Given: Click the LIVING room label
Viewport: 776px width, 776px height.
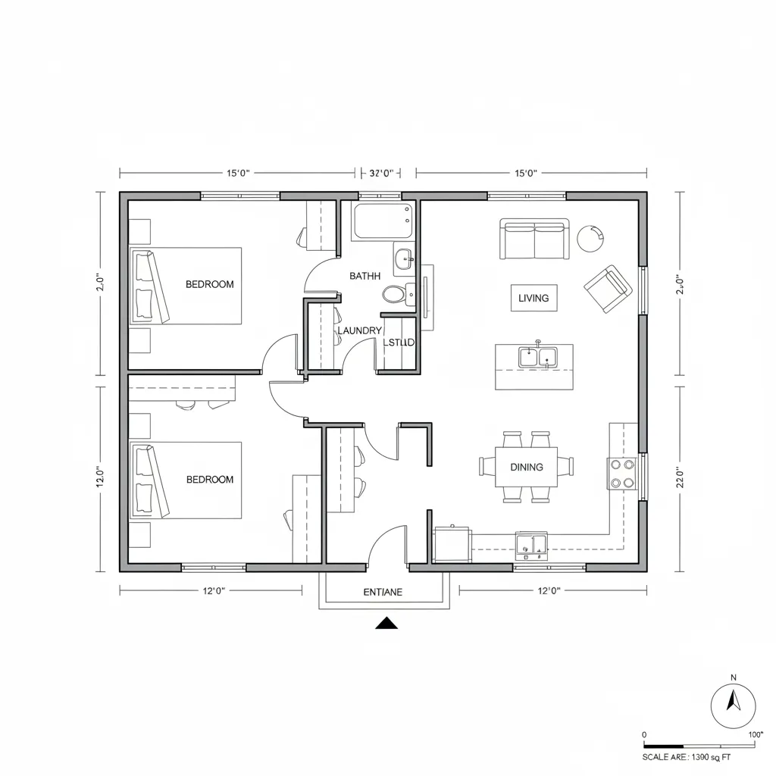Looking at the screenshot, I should pyautogui.click(x=533, y=298).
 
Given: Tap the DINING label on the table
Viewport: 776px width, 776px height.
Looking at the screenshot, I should pyautogui.click(x=527, y=467).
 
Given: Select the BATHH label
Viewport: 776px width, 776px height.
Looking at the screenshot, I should pyautogui.click(x=365, y=276).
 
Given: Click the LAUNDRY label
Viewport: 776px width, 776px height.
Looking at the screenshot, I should pyautogui.click(x=359, y=330).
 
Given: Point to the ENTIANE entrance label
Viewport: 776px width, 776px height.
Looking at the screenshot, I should pyautogui.click(x=383, y=592).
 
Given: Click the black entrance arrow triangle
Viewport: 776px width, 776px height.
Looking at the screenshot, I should pyautogui.click(x=387, y=624).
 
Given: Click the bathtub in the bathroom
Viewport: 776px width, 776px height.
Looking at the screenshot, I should pyautogui.click(x=383, y=221).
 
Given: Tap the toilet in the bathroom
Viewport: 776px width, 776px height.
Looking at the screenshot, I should pyautogui.click(x=395, y=293).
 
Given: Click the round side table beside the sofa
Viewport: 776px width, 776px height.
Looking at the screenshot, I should pyautogui.click(x=590, y=238).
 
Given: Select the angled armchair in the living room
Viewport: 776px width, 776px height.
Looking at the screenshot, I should pyautogui.click(x=609, y=288).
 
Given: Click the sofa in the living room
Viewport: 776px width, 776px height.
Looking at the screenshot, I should pyautogui.click(x=534, y=239).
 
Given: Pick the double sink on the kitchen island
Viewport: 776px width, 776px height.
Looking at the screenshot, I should pyautogui.click(x=537, y=355).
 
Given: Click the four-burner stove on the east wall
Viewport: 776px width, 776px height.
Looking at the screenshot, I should pyautogui.click(x=622, y=474).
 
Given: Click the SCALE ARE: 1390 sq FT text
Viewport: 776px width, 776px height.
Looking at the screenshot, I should pyautogui.click(x=687, y=756).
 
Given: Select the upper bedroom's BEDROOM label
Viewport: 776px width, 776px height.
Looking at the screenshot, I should pyautogui.click(x=210, y=284).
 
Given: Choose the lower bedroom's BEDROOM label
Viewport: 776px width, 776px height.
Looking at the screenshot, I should pyautogui.click(x=210, y=480).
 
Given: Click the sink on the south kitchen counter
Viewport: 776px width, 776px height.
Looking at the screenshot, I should pyautogui.click(x=532, y=545).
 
